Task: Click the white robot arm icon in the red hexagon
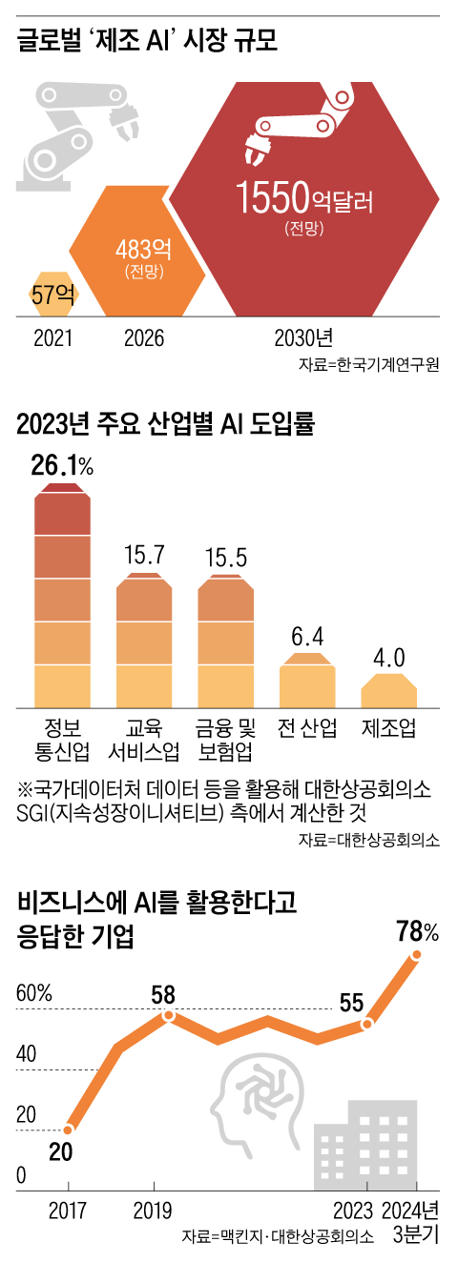(291, 133)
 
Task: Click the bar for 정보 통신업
(63, 596)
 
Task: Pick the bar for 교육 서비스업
(145, 641)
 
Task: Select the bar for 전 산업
(307, 679)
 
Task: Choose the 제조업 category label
(389, 730)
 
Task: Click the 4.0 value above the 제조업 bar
(389, 658)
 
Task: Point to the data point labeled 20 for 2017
(69, 1129)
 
